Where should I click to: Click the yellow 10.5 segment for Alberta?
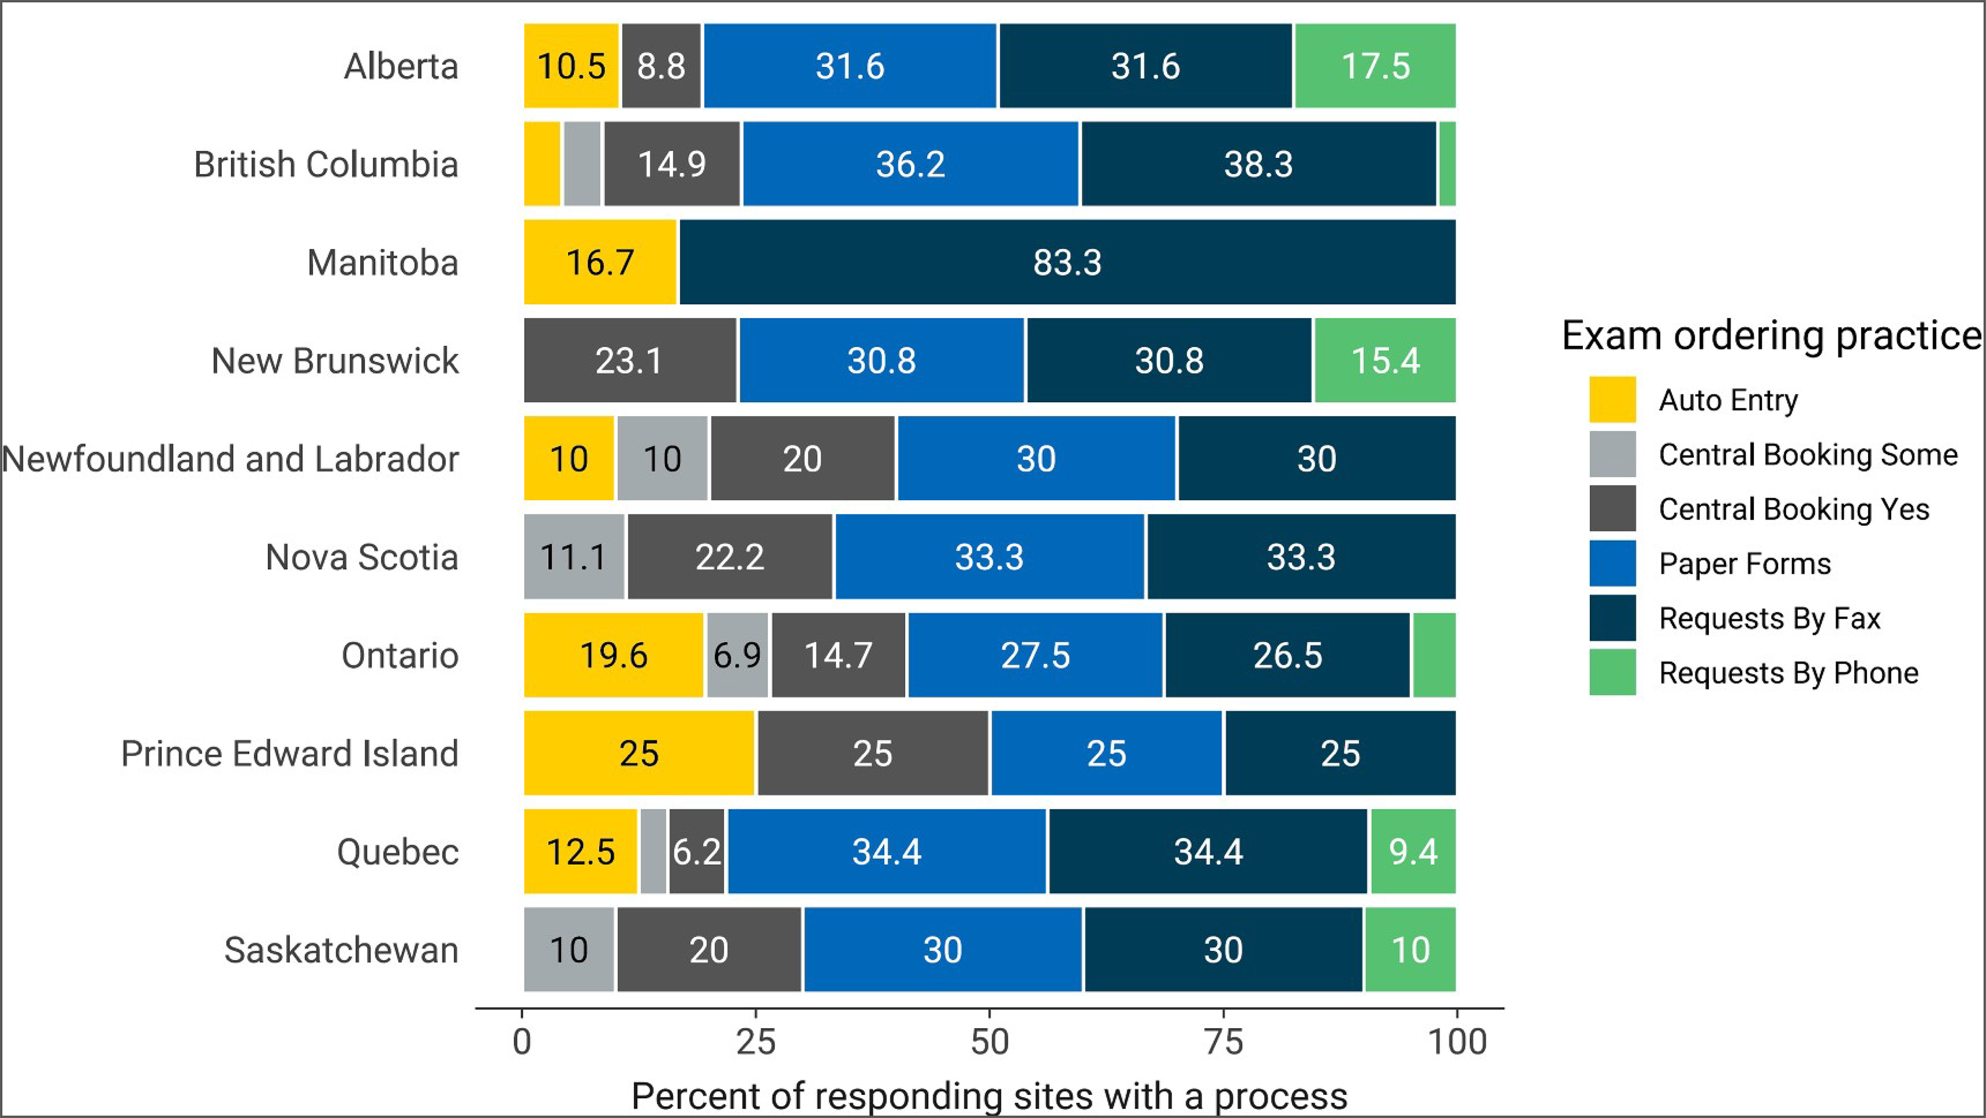571,66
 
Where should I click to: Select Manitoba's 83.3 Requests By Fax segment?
1067,262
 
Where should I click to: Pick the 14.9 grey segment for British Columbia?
671,164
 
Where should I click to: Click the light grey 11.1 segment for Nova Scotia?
574,556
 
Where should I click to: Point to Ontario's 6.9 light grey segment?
737,655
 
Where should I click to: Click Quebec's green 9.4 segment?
1412,851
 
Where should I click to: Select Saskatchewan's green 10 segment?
1410,949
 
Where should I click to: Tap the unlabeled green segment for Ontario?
1434,655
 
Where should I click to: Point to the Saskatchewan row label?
341,950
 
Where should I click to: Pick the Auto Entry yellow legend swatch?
1612,400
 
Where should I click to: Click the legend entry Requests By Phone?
1788,672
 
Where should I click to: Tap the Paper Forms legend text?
1744,564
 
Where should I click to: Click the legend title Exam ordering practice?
1770,336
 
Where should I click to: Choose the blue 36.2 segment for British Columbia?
910,164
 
